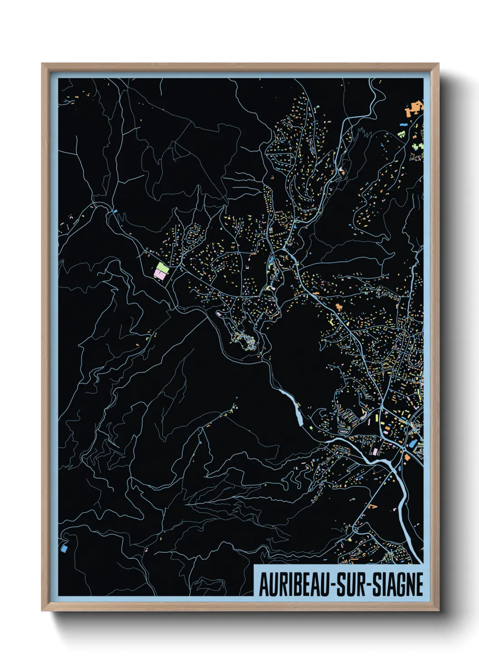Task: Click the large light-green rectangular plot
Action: (163, 268)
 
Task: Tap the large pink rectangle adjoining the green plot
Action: (159, 273)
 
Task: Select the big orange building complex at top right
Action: (414, 109)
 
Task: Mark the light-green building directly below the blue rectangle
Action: (401, 134)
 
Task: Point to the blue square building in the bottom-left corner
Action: (63, 548)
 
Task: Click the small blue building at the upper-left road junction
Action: (115, 211)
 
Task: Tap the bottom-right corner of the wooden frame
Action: (438, 610)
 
